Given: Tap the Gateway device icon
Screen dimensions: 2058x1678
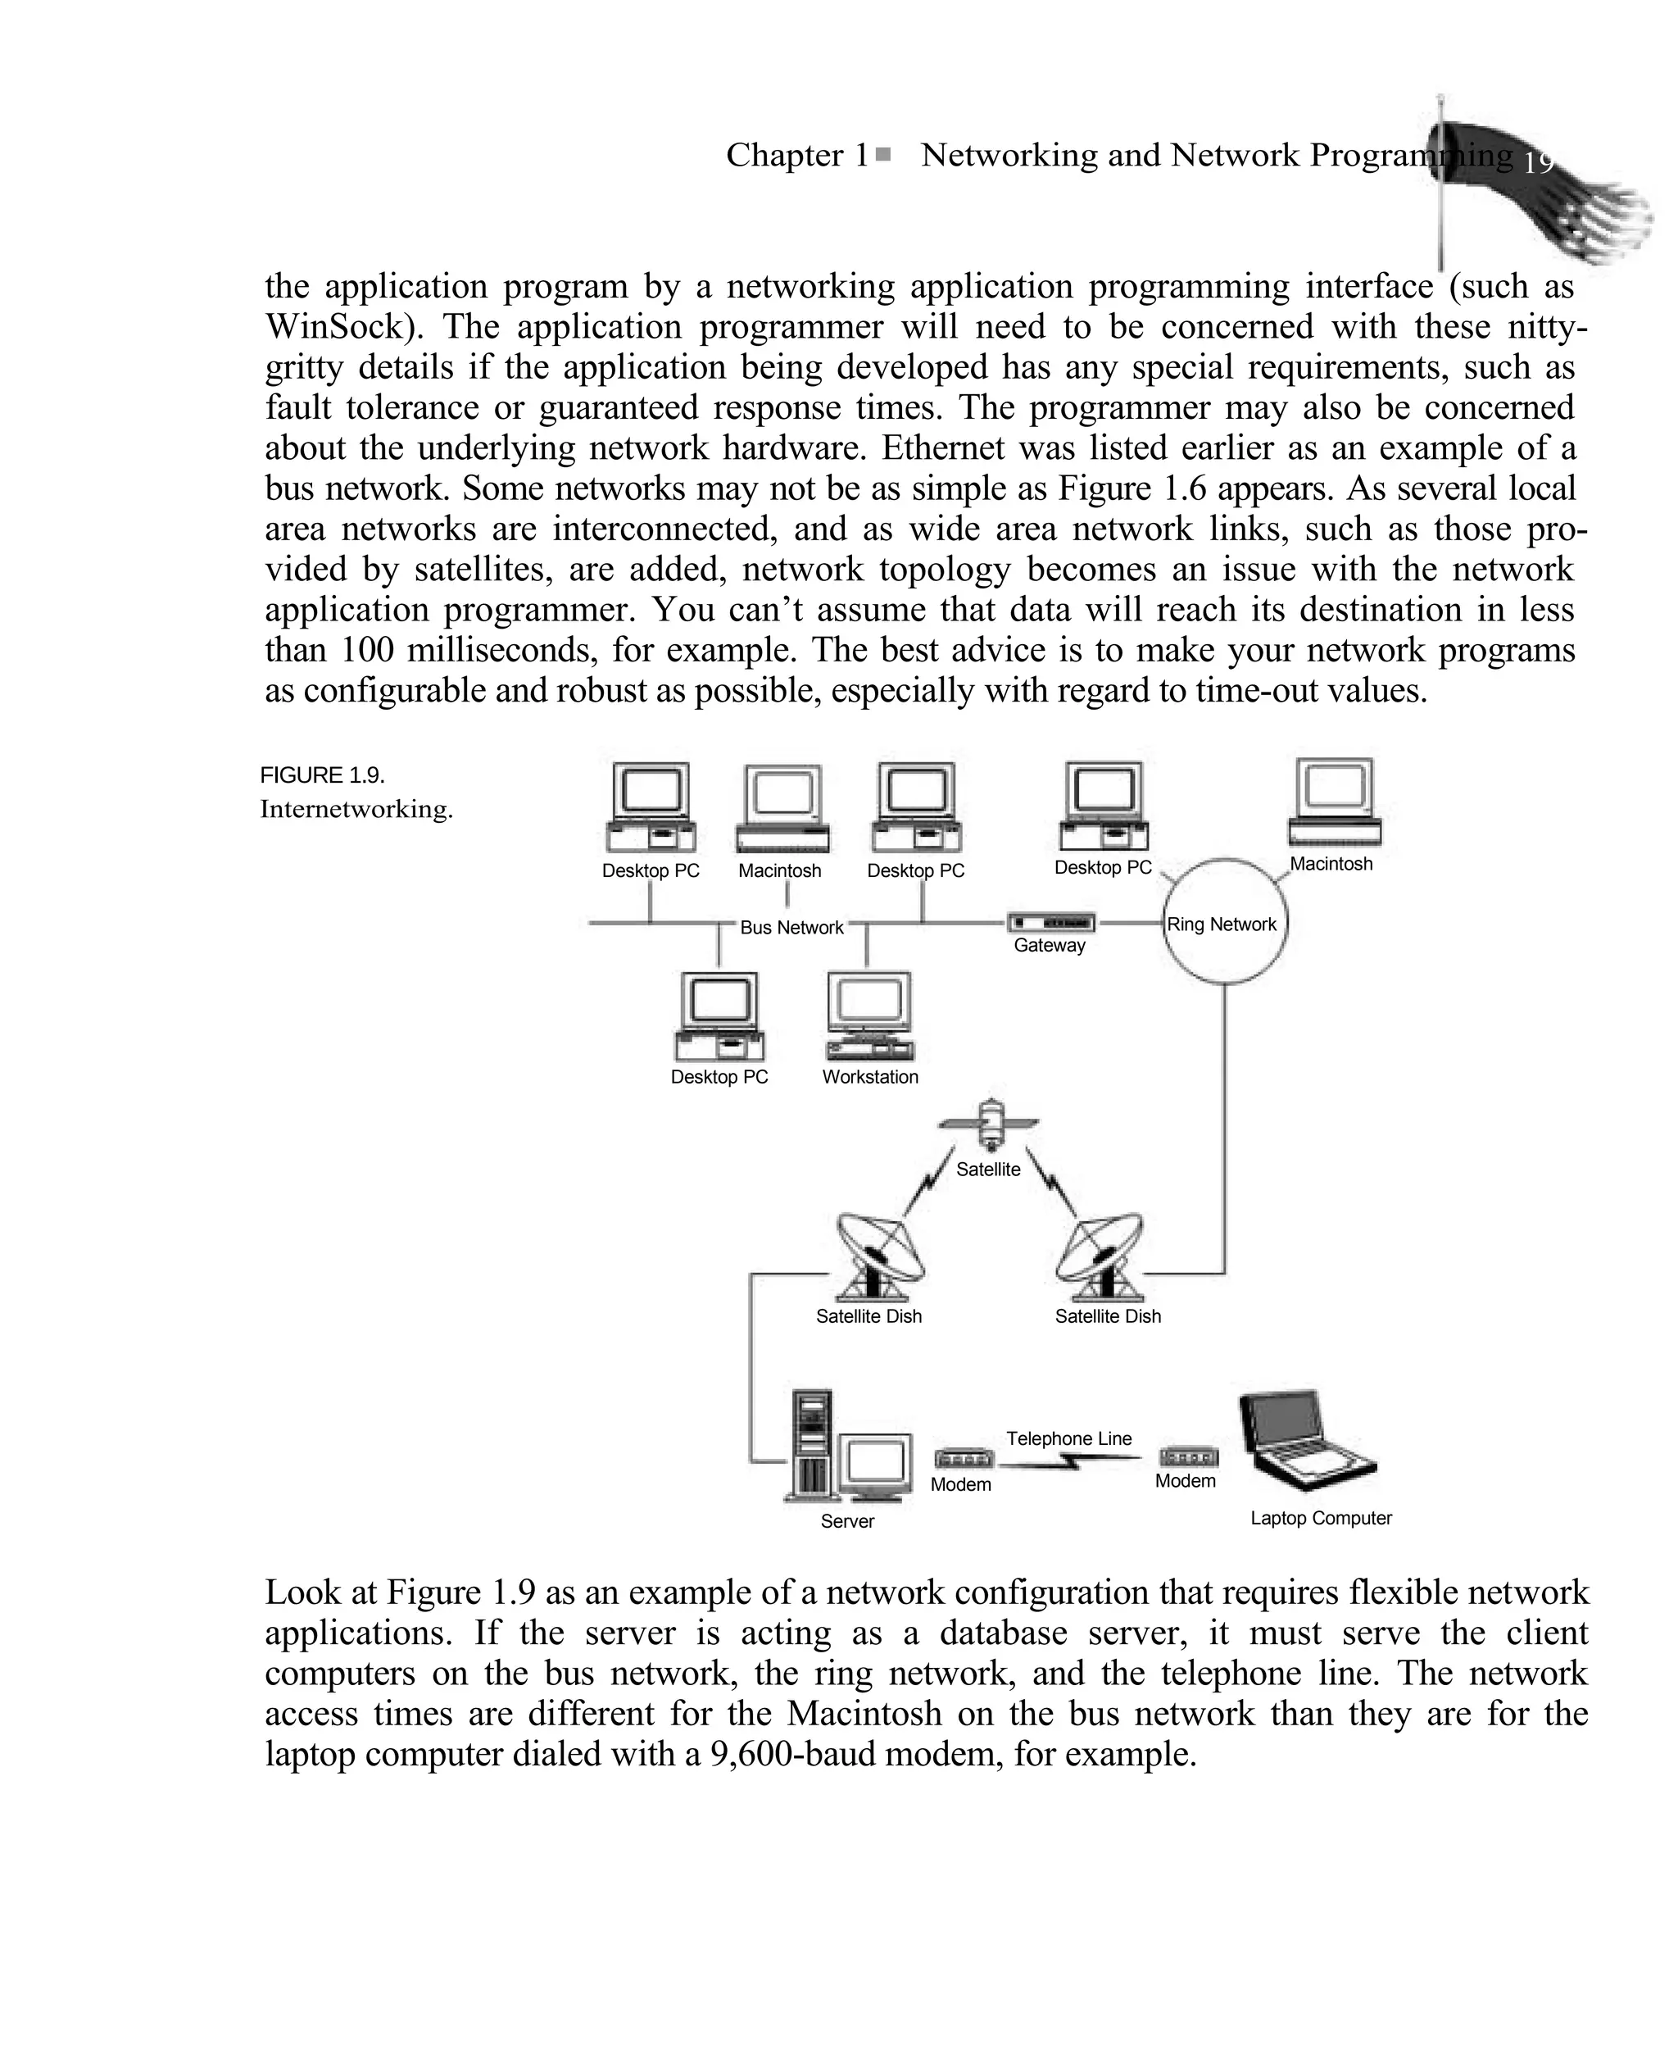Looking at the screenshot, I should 1050,922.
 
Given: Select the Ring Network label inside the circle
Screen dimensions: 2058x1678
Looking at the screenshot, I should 1222,925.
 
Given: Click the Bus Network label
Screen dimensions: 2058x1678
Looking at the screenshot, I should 791,927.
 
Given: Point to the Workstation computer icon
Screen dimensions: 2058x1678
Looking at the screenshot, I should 870,1015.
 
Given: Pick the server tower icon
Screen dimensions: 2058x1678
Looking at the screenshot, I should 810,1444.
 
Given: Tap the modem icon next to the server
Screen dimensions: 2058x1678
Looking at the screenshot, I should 963,1459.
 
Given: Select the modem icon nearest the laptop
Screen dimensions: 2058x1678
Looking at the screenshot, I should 1188,1456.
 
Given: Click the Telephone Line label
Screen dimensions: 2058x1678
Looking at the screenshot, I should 1068,1438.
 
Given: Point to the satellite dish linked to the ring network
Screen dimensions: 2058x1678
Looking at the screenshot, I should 1103,1256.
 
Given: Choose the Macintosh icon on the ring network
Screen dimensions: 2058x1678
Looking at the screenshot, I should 1335,802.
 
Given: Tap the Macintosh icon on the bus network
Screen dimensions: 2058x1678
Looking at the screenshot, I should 783,808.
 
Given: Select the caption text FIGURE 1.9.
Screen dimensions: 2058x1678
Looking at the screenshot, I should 322,775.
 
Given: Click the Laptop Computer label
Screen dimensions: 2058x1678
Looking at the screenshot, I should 1321,1518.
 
